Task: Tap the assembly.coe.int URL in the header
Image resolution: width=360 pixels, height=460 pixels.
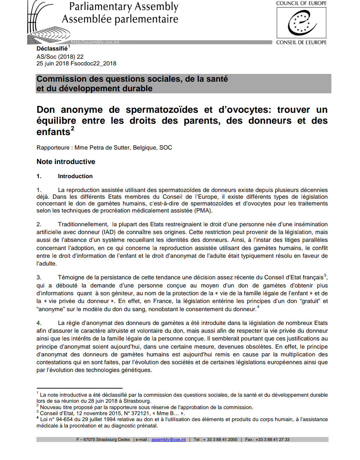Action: point(95,42)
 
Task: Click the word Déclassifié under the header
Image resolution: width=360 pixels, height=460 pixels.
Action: point(52,49)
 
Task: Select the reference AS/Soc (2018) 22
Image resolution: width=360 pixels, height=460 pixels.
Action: point(60,57)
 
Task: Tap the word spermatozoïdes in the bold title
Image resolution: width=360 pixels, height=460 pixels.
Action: point(162,110)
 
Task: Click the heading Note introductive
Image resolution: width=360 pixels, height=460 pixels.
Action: point(66,162)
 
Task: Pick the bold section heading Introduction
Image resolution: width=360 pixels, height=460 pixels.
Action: point(75,176)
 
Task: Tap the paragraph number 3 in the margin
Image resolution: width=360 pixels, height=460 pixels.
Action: point(39,278)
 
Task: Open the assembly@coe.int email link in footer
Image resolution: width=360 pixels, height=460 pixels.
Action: point(169,439)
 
